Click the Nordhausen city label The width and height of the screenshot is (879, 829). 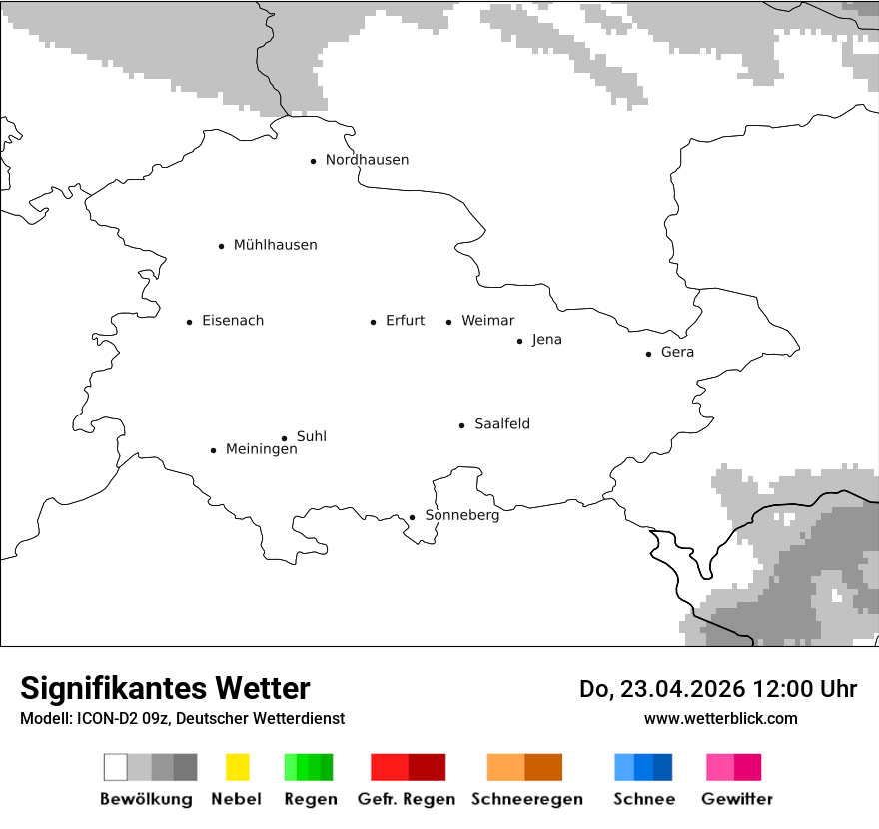367,160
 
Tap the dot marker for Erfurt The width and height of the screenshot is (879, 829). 373,322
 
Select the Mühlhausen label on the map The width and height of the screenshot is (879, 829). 275,245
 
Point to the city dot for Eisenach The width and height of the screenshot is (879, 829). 189,322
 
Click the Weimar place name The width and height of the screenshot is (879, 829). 487,321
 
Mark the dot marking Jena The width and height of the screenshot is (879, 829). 519,341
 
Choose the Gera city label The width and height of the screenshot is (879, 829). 677,353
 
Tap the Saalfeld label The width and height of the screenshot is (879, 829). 502,424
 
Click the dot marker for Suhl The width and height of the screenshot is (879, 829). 284,438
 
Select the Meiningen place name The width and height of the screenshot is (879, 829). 261,450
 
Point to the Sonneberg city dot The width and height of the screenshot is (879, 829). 412,517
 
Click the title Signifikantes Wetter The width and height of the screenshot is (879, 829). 165,688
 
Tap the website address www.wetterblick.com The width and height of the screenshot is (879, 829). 720,719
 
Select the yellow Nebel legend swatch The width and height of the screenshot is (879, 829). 237,767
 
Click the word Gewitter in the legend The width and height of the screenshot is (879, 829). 736,799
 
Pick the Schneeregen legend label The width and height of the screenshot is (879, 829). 526,799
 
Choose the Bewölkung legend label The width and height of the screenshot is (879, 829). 146,799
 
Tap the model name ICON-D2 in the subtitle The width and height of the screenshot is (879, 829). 106,719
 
